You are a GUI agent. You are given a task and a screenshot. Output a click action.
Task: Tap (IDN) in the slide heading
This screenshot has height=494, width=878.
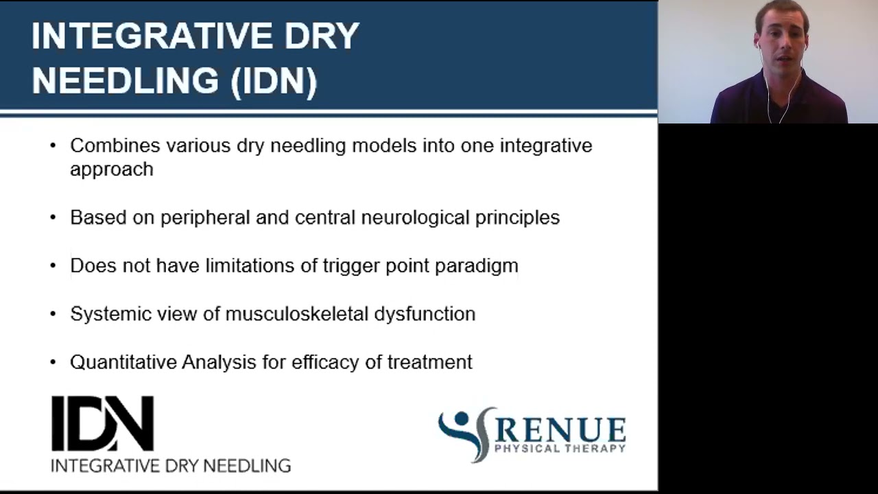tap(274, 81)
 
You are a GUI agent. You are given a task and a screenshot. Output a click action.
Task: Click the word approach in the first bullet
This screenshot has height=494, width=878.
tap(111, 169)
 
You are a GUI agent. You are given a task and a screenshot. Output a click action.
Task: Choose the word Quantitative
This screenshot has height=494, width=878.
tap(123, 362)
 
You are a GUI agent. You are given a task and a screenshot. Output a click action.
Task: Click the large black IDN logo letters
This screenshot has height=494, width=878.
tap(102, 423)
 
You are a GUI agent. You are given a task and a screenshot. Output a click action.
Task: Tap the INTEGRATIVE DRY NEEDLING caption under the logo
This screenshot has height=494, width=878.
tap(171, 465)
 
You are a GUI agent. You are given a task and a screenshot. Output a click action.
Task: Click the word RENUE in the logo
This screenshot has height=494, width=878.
tap(560, 430)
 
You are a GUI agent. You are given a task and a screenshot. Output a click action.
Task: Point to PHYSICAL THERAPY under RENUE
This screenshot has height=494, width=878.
tap(560, 449)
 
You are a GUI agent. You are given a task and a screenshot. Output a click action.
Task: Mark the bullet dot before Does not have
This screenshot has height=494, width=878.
tap(54, 266)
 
